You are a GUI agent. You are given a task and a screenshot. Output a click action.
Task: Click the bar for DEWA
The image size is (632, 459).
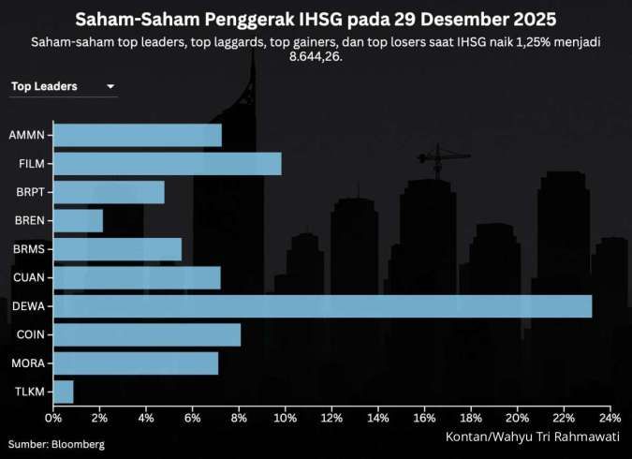(323, 306)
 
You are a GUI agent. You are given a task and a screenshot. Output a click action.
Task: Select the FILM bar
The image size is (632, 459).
(168, 164)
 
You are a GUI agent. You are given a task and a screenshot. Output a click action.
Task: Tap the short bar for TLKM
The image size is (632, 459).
(64, 392)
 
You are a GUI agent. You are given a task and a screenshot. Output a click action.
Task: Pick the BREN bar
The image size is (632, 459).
(79, 221)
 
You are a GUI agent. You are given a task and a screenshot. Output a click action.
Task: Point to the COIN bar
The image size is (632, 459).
(147, 334)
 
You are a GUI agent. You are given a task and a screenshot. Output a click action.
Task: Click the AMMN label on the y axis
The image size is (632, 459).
(28, 135)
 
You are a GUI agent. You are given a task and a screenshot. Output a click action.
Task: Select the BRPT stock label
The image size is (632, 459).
(30, 192)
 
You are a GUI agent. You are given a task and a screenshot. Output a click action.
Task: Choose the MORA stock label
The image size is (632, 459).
(29, 363)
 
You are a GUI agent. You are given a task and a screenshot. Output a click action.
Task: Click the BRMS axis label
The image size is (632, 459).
(29, 249)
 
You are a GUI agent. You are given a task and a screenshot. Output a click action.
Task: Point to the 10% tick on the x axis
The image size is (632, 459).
(286, 418)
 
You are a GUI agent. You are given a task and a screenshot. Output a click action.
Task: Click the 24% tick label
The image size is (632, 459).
(610, 418)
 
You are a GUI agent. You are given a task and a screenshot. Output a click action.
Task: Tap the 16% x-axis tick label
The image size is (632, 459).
(424, 418)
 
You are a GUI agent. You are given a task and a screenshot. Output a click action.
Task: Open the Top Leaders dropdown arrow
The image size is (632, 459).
(110, 87)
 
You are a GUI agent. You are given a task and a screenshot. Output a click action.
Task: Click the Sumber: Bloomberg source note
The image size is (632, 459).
(56, 443)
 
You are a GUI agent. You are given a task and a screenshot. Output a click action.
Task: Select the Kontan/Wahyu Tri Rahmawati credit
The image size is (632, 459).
(532, 437)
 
